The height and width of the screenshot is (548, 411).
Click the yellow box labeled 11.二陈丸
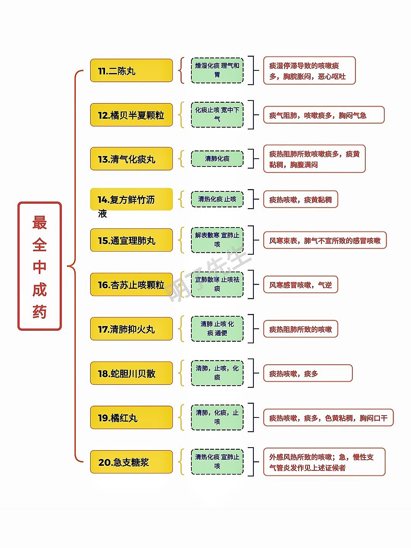tap(132, 70)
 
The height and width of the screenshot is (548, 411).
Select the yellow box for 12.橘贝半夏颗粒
tap(132, 115)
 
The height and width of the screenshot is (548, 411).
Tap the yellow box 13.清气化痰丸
tap(132, 159)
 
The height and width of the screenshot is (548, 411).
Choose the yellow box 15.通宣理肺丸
tap(132, 240)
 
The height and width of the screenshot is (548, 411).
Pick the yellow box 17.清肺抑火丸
tap(132, 328)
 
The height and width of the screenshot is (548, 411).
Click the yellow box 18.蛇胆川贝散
tap(132, 373)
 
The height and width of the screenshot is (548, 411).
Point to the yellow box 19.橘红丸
tap(132, 417)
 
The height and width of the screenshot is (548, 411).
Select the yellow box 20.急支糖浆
tap(132, 462)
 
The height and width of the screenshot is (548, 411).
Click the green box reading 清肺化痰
tap(217, 159)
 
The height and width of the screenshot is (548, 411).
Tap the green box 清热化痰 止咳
tap(217, 199)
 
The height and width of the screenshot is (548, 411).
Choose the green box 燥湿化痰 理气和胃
tap(217, 70)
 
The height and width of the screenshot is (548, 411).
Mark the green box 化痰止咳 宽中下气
tap(217, 115)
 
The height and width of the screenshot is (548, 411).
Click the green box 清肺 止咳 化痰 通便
tap(217, 328)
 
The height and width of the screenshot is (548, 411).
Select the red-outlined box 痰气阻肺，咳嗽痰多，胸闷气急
tap(324, 115)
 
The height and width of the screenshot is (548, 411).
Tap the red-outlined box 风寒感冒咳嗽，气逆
tap(301, 284)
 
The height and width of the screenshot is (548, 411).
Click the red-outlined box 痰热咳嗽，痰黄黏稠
tap(301, 199)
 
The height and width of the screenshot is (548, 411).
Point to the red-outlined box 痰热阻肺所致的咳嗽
tap(301, 329)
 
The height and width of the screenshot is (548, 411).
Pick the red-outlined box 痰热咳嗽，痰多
tap(308, 373)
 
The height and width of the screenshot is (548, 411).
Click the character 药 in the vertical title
tap(40, 311)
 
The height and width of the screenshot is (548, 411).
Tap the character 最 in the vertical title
tap(40, 222)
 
